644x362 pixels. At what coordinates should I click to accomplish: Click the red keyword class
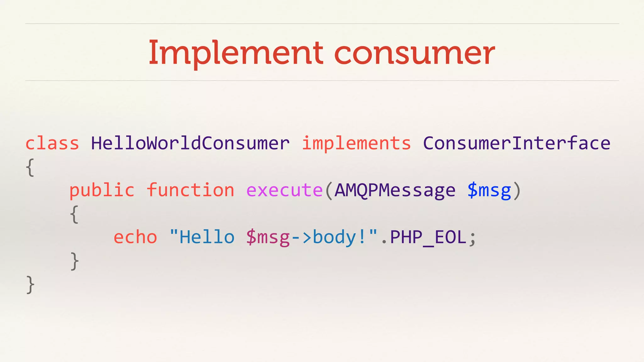point(52,144)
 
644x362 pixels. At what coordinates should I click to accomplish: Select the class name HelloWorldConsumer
point(190,144)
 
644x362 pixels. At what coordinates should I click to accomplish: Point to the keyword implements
point(356,144)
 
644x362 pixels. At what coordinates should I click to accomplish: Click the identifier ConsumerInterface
point(516,144)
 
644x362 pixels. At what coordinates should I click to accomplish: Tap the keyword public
point(102,190)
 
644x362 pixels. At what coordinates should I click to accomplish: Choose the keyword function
point(191,190)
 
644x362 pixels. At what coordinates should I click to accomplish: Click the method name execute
point(284,190)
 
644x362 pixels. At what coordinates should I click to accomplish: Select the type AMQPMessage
point(395,190)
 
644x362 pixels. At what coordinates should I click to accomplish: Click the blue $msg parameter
point(489,190)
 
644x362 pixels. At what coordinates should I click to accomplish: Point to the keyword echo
point(135,237)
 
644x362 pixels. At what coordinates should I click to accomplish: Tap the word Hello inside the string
point(207,237)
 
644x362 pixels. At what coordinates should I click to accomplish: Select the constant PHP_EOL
point(428,238)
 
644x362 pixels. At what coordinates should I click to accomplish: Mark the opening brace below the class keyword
point(30,167)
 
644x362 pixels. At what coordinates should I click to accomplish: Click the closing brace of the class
point(30,285)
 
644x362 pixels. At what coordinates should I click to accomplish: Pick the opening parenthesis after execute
point(329,190)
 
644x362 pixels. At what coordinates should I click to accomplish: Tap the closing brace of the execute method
point(74,261)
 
